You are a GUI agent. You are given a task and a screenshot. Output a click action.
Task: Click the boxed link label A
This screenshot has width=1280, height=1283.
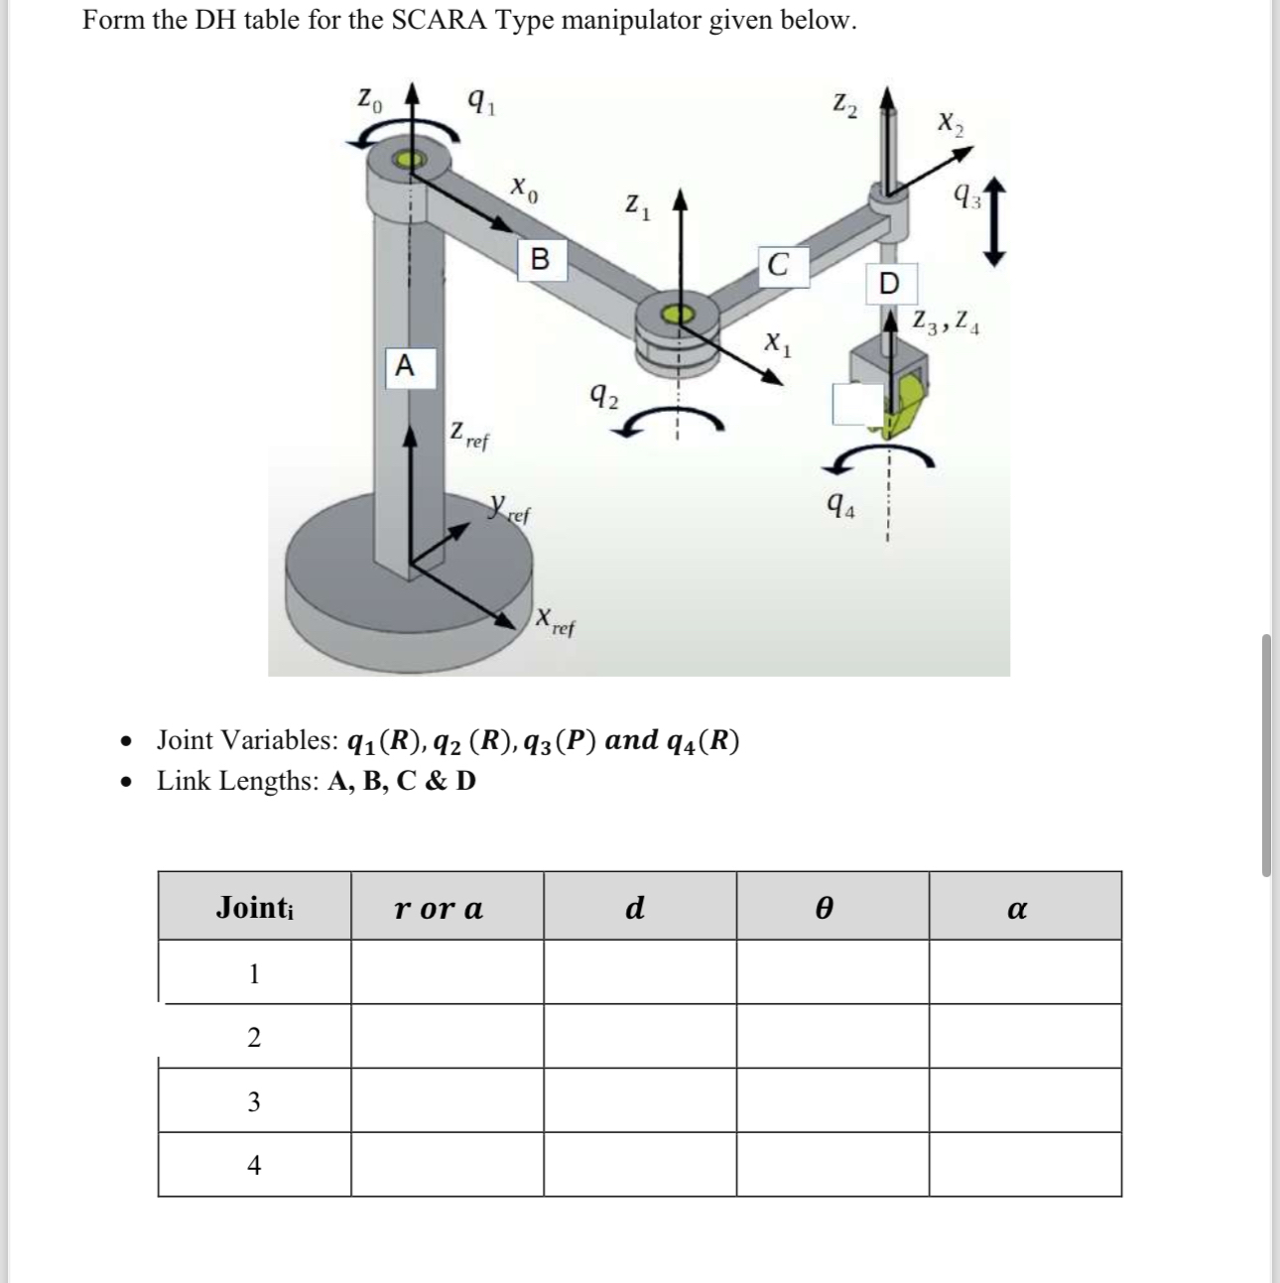click(x=404, y=366)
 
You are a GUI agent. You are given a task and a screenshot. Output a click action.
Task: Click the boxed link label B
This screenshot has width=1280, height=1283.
click(x=540, y=260)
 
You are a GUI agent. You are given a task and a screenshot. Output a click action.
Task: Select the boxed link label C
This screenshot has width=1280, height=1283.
click(x=779, y=266)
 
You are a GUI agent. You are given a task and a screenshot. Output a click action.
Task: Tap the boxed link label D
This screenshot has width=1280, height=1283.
click(x=889, y=284)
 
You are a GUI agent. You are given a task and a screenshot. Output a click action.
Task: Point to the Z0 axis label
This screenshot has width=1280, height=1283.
click(x=368, y=100)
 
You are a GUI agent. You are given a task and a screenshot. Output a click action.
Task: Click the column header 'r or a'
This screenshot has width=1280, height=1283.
click(x=439, y=907)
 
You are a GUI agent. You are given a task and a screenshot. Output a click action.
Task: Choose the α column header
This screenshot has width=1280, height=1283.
click(x=1016, y=907)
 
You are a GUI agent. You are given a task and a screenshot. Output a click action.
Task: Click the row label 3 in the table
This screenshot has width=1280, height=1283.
click(x=254, y=1101)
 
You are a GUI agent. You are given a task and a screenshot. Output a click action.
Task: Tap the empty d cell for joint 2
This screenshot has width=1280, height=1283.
click(x=639, y=1037)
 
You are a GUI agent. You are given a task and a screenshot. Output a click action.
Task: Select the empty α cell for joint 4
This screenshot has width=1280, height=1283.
click(x=1025, y=1165)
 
